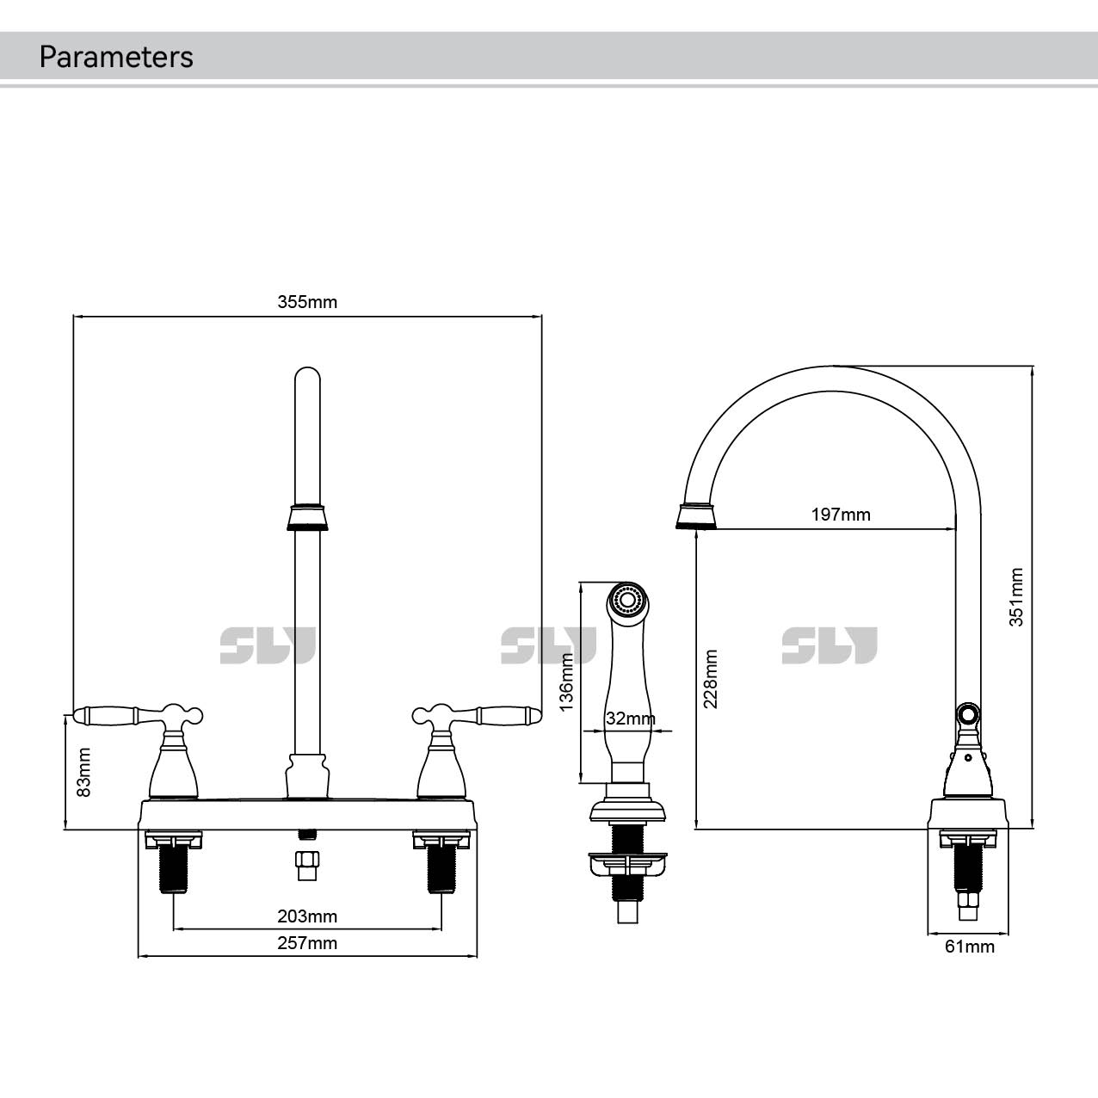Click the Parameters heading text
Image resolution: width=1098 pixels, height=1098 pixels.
116,57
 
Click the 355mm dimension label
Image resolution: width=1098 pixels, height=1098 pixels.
307,302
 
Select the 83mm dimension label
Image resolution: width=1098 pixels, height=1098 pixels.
83,771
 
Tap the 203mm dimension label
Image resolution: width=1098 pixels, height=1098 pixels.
307,916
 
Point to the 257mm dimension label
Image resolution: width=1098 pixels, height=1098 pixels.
307,943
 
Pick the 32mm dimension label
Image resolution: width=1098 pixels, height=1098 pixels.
630,719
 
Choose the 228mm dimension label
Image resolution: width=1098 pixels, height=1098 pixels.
711,679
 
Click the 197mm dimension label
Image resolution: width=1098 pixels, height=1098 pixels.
841,515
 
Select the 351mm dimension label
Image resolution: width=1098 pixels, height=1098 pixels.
1016,596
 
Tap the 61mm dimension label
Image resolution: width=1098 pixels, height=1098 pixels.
970,947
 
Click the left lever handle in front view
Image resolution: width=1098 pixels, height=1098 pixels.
108,714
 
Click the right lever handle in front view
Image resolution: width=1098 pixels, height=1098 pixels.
508,714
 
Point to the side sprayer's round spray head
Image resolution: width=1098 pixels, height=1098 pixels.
627,599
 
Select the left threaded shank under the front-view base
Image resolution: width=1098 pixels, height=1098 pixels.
175,869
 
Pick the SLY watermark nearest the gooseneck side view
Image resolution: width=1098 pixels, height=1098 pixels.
829,645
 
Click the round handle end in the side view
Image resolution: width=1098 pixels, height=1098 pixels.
968,713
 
